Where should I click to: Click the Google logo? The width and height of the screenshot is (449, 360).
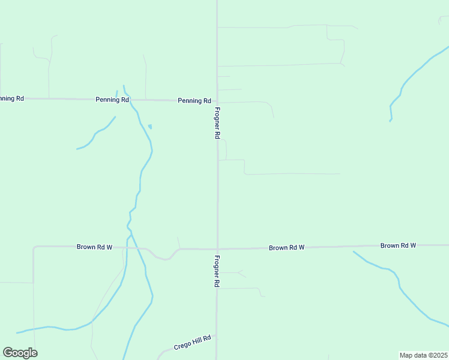point(20,353)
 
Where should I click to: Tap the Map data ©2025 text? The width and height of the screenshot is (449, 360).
point(423,355)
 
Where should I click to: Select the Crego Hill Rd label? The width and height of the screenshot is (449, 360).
point(193,343)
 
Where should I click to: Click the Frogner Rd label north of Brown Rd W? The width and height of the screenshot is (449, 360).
point(217,123)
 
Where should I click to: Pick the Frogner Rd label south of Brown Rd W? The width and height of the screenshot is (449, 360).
point(216,271)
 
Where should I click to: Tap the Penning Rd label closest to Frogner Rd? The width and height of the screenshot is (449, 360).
point(194,101)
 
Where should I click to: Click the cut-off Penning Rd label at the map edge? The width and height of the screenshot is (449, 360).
point(11,98)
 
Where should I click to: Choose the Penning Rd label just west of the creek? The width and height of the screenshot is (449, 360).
point(112,100)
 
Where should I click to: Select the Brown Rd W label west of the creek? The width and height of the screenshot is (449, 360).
point(94,247)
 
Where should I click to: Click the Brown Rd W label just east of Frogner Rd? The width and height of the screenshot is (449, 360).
point(286,247)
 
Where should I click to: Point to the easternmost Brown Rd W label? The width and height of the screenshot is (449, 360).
point(398,245)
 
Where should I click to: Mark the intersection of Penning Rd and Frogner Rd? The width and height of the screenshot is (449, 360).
point(217,101)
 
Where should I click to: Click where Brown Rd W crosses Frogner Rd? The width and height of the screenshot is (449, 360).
point(217,248)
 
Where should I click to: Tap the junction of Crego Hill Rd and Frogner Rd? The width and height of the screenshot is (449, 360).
point(217,336)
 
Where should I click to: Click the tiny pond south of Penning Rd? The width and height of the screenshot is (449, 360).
point(149,126)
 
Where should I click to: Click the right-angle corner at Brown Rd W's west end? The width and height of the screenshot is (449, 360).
point(34,247)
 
